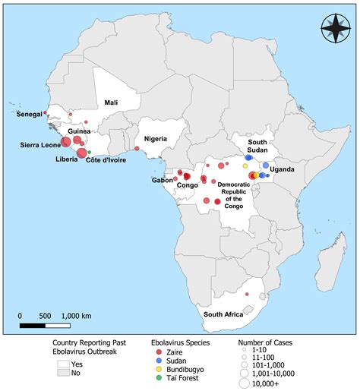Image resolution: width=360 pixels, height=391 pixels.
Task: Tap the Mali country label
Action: pyautogui.click(x=111, y=102)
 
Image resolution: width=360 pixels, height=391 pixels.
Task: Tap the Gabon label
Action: pyautogui.click(x=162, y=180)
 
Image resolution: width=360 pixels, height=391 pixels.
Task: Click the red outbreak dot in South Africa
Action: pyautogui.click(x=247, y=294)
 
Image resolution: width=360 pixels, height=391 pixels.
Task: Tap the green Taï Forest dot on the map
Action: pyautogui.click(x=90, y=152)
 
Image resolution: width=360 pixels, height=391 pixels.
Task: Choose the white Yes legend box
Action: pyautogui.click(x=63, y=364)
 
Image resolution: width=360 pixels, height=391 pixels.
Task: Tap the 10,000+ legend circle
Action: pyautogui.click(x=245, y=384)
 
